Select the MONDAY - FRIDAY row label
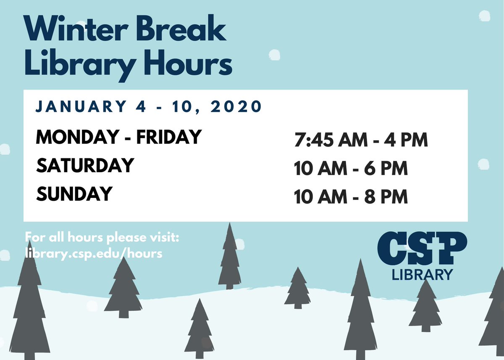[119, 137]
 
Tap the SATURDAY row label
[85, 166]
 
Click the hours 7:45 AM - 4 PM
[361, 140]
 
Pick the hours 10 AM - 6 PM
[351, 169]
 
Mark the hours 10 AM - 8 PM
[351, 197]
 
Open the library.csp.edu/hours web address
[94, 254]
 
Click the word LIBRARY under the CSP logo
[422, 275]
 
